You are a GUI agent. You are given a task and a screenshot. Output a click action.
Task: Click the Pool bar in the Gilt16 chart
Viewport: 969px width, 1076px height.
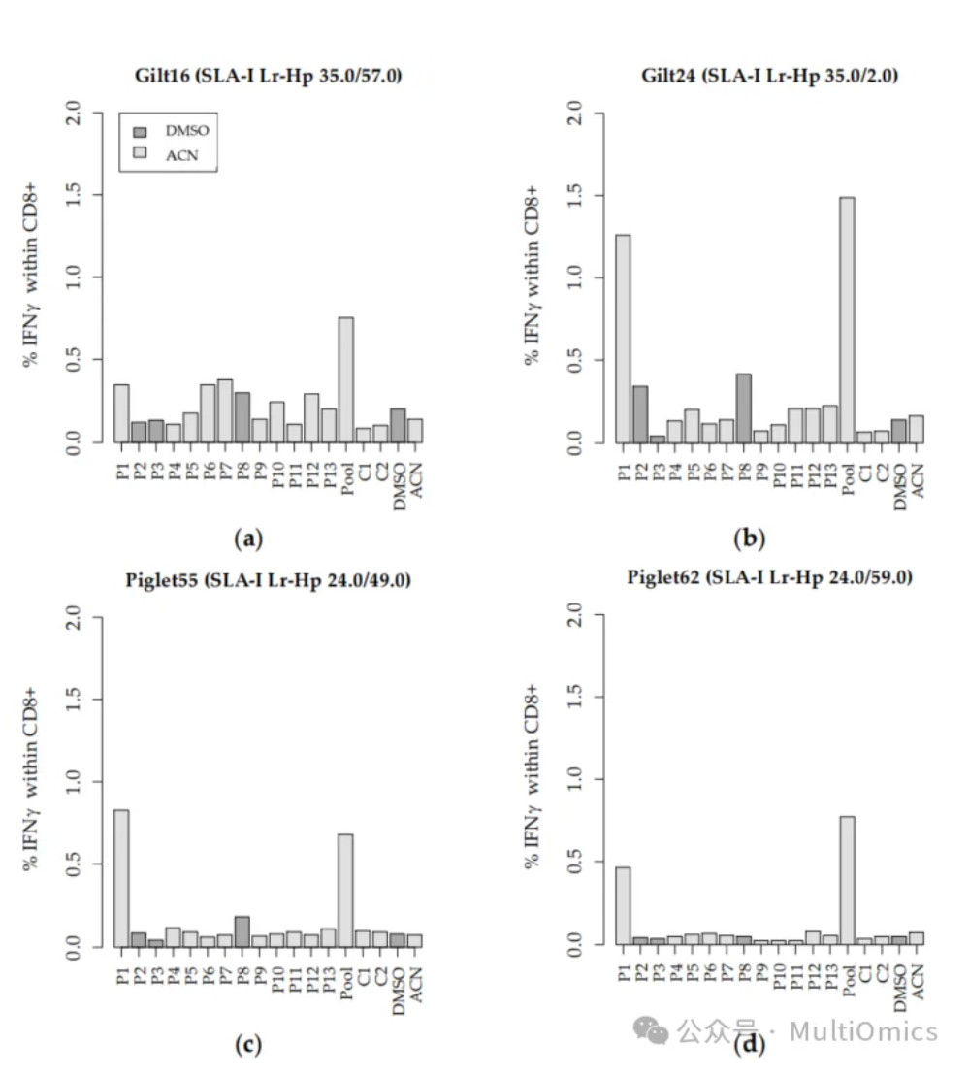pos(345,380)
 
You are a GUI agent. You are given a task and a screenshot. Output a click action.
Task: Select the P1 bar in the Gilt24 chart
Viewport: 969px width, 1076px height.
pos(623,339)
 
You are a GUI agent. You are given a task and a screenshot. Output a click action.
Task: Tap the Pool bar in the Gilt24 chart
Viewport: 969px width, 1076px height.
pos(847,320)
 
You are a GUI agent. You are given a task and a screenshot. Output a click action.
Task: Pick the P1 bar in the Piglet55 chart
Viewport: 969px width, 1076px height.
pos(121,878)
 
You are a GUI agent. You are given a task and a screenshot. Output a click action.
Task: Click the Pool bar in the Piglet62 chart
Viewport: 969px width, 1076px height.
pos(847,880)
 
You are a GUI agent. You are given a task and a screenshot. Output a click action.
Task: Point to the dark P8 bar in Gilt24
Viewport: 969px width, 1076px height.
pos(744,408)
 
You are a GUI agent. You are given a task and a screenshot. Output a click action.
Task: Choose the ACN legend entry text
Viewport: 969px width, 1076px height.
pos(181,153)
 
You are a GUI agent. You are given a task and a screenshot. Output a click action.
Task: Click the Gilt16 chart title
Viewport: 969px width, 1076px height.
pos(268,77)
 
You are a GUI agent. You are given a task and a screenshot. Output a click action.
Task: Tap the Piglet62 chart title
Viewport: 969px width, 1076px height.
pos(769,578)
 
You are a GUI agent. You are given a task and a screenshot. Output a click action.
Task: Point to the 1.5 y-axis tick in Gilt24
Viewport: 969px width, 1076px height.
pos(575,195)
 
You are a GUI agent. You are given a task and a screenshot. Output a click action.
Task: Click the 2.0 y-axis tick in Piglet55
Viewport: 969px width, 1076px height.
pos(74,617)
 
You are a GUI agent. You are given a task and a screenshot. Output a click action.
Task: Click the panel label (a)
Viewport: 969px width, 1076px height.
pos(249,538)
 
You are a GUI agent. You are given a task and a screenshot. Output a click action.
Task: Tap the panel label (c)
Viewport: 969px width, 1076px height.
pos(249,1044)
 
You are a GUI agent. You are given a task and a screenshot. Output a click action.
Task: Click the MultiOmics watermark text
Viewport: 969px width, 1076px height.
pos(863,1030)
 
